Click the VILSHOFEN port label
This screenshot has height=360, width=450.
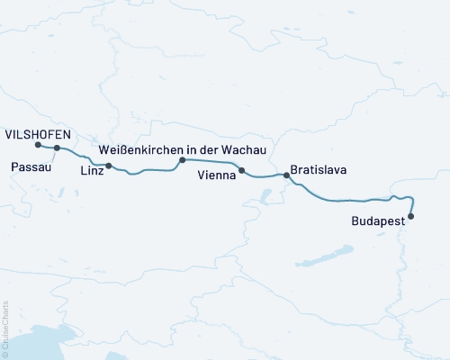click(x=38, y=132)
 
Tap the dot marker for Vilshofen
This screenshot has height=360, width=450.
click(x=38, y=145)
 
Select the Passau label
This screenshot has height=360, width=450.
click(x=31, y=167)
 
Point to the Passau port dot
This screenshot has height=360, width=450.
click(x=57, y=148)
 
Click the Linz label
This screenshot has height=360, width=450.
click(x=92, y=170)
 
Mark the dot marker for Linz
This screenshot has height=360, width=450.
click(x=109, y=166)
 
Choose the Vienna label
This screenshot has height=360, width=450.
click(x=217, y=178)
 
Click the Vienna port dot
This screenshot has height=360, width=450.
click(x=241, y=169)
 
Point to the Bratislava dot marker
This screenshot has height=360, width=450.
click(x=287, y=175)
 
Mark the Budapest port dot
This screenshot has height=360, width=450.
click(x=411, y=216)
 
